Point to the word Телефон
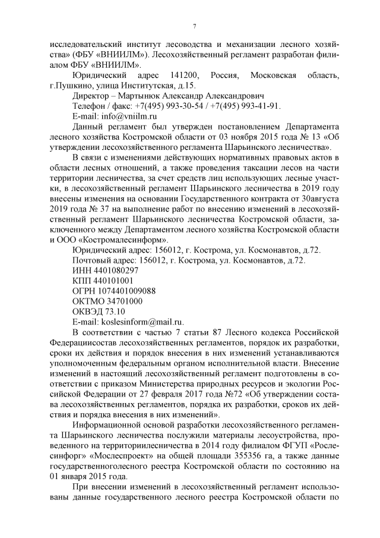89,106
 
